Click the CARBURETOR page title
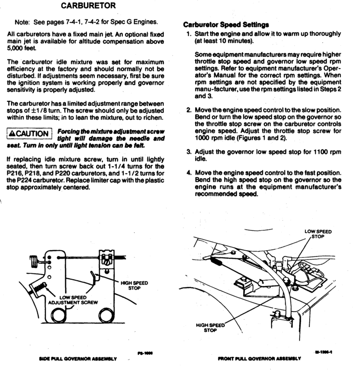click(88, 7)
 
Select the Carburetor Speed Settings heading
click(226, 25)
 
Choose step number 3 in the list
click(189, 151)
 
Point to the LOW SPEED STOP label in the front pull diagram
click(318, 234)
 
